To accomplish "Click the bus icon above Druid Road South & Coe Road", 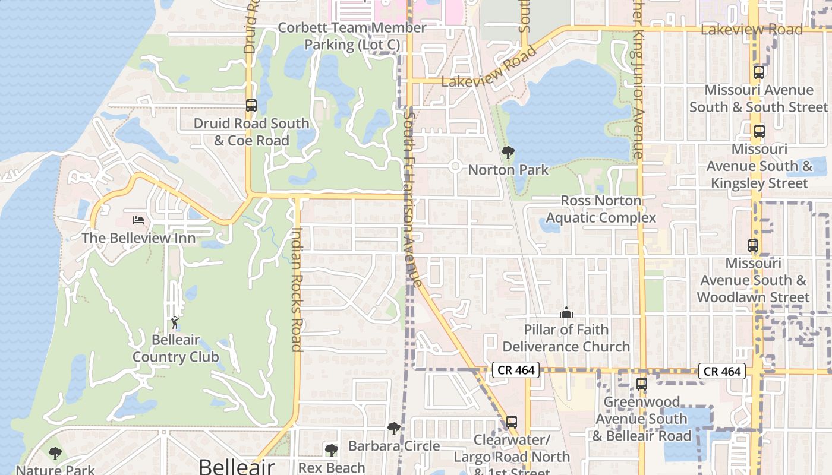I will coord(251,106).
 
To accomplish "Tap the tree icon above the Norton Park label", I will coord(508,153).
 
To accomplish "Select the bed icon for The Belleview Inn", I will coord(138,220).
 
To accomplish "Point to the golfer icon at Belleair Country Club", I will coord(175,322).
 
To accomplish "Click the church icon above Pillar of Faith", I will coord(566,312).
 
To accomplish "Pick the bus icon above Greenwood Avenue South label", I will coord(641,384).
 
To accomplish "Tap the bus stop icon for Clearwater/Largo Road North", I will coord(511,422).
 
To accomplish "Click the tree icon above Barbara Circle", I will coord(393,429).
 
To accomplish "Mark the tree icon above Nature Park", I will coord(55,454).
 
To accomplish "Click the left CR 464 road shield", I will coord(515,370).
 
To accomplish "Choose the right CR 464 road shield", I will coord(721,371).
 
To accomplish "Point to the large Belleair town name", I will coord(237,466).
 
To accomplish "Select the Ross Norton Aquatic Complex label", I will coord(601,209).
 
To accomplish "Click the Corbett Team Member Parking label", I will coord(352,36).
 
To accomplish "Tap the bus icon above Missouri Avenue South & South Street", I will coord(758,72).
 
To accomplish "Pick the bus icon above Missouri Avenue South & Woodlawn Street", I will coord(752,245).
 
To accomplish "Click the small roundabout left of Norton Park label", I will coord(455,166).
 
